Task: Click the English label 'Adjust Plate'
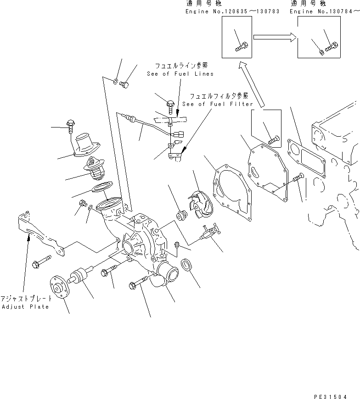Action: pyautogui.click(x=25, y=307)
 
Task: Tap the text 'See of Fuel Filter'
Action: pyautogui.click(x=218, y=104)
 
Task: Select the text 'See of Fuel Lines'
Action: pyautogui.click(x=180, y=74)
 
